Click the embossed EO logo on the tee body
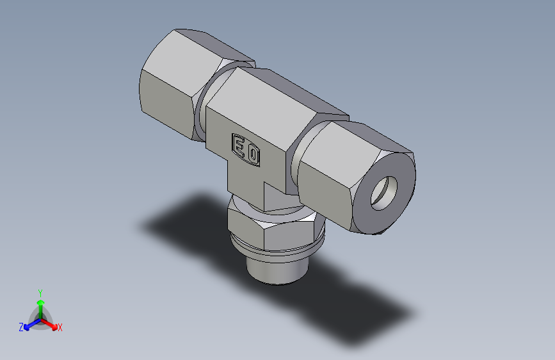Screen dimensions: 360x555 (246, 149)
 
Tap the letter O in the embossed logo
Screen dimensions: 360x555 (253, 154)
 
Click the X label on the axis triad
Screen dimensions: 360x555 (60, 327)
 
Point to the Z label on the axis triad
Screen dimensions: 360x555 (21, 327)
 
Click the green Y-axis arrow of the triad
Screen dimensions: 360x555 (40, 304)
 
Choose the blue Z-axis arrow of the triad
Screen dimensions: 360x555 (29, 324)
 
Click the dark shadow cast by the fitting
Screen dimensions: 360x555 (358, 307)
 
